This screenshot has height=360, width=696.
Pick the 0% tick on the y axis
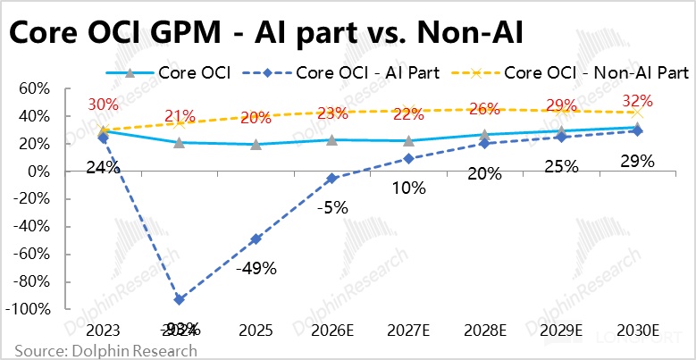pyautogui.click(x=30, y=172)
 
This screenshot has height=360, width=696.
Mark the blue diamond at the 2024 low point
pyautogui.click(x=180, y=299)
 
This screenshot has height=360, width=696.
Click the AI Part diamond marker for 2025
pyautogui.click(x=256, y=239)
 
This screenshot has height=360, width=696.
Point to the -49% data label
pyautogui.click(x=256, y=266)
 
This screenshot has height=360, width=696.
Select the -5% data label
pyautogui.click(x=332, y=206)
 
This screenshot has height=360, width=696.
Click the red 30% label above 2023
pyautogui.click(x=104, y=105)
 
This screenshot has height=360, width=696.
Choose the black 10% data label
pyautogui.click(x=408, y=187)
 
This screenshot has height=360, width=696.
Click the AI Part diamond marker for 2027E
pyautogui.click(x=408, y=158)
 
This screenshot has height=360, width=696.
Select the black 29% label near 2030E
pyautogui.click(x=637, y=161)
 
